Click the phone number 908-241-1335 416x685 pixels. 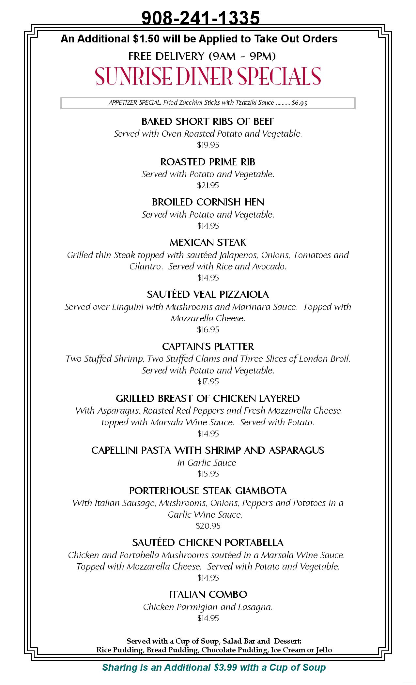click(201, 18)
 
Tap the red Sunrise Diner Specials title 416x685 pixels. click(208, 76)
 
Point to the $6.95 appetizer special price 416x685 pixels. click(300, 103)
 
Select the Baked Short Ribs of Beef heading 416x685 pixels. click(208, 121)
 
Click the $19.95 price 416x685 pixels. click(208, 145)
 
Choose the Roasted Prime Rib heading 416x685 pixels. click(208, 162)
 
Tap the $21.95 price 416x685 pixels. click(208, 185)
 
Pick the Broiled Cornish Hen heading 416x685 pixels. click(208, 202)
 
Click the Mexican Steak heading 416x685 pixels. click(208, 242)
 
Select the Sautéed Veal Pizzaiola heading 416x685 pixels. click(208, 294)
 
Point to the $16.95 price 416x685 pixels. click(208, 329)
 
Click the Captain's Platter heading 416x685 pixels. click(208, 346)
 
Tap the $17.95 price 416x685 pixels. click(208, 381)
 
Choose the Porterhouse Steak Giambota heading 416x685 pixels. click(208, 491)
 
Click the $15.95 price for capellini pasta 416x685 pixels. click(208, 474)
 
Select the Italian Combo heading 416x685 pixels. click(208, 594)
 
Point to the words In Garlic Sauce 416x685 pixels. click(207, 463)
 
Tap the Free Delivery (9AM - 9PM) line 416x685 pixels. click(202, 56)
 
